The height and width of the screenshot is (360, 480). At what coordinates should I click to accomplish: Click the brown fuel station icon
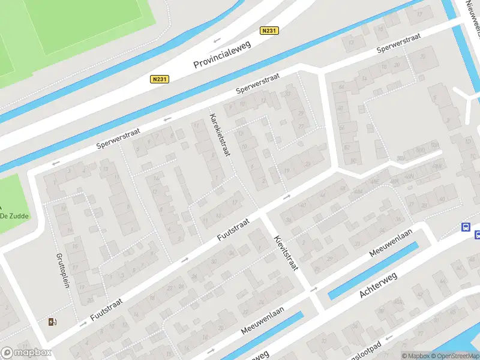tap(53, 322)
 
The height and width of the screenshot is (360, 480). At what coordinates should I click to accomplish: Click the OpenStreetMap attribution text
tap(454, 356)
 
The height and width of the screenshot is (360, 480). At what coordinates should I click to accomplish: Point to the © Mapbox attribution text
tap(415, 356)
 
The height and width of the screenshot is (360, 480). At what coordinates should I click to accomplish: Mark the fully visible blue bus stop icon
tap(465, 227)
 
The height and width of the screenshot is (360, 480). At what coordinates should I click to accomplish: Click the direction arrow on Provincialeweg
tap(217, 40)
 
